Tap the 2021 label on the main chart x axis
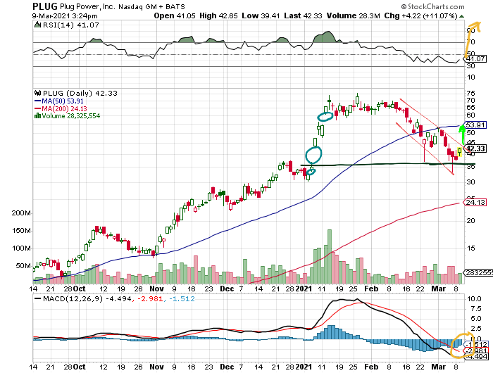[x=304, y=289]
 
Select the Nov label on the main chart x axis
[x=156, y=289]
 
